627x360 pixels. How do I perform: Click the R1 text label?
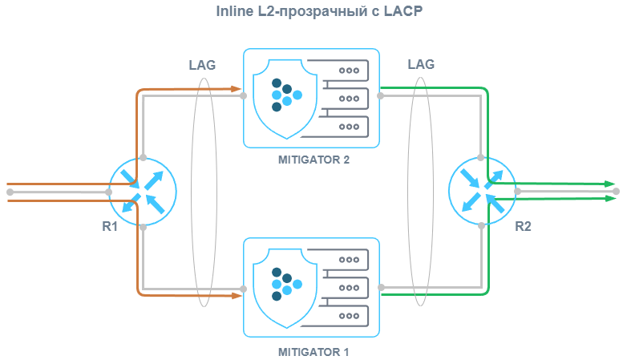(x=111, y=226)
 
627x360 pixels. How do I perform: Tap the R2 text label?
(x=523, y=226)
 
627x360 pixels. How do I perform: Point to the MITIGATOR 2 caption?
(x=313, y=160)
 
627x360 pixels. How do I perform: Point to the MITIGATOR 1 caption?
(x=313, y=351)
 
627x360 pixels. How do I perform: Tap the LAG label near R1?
(x=201, y=65)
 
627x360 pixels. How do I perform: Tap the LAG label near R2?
(x=421, y=64)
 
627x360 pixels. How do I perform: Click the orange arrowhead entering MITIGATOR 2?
(x=238, y=87)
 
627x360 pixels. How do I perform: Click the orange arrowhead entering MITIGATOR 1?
(x=238, y=296)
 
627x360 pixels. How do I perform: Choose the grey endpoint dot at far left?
(x=10, y=192)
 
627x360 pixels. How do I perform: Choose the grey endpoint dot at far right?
(x=616, y=192)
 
